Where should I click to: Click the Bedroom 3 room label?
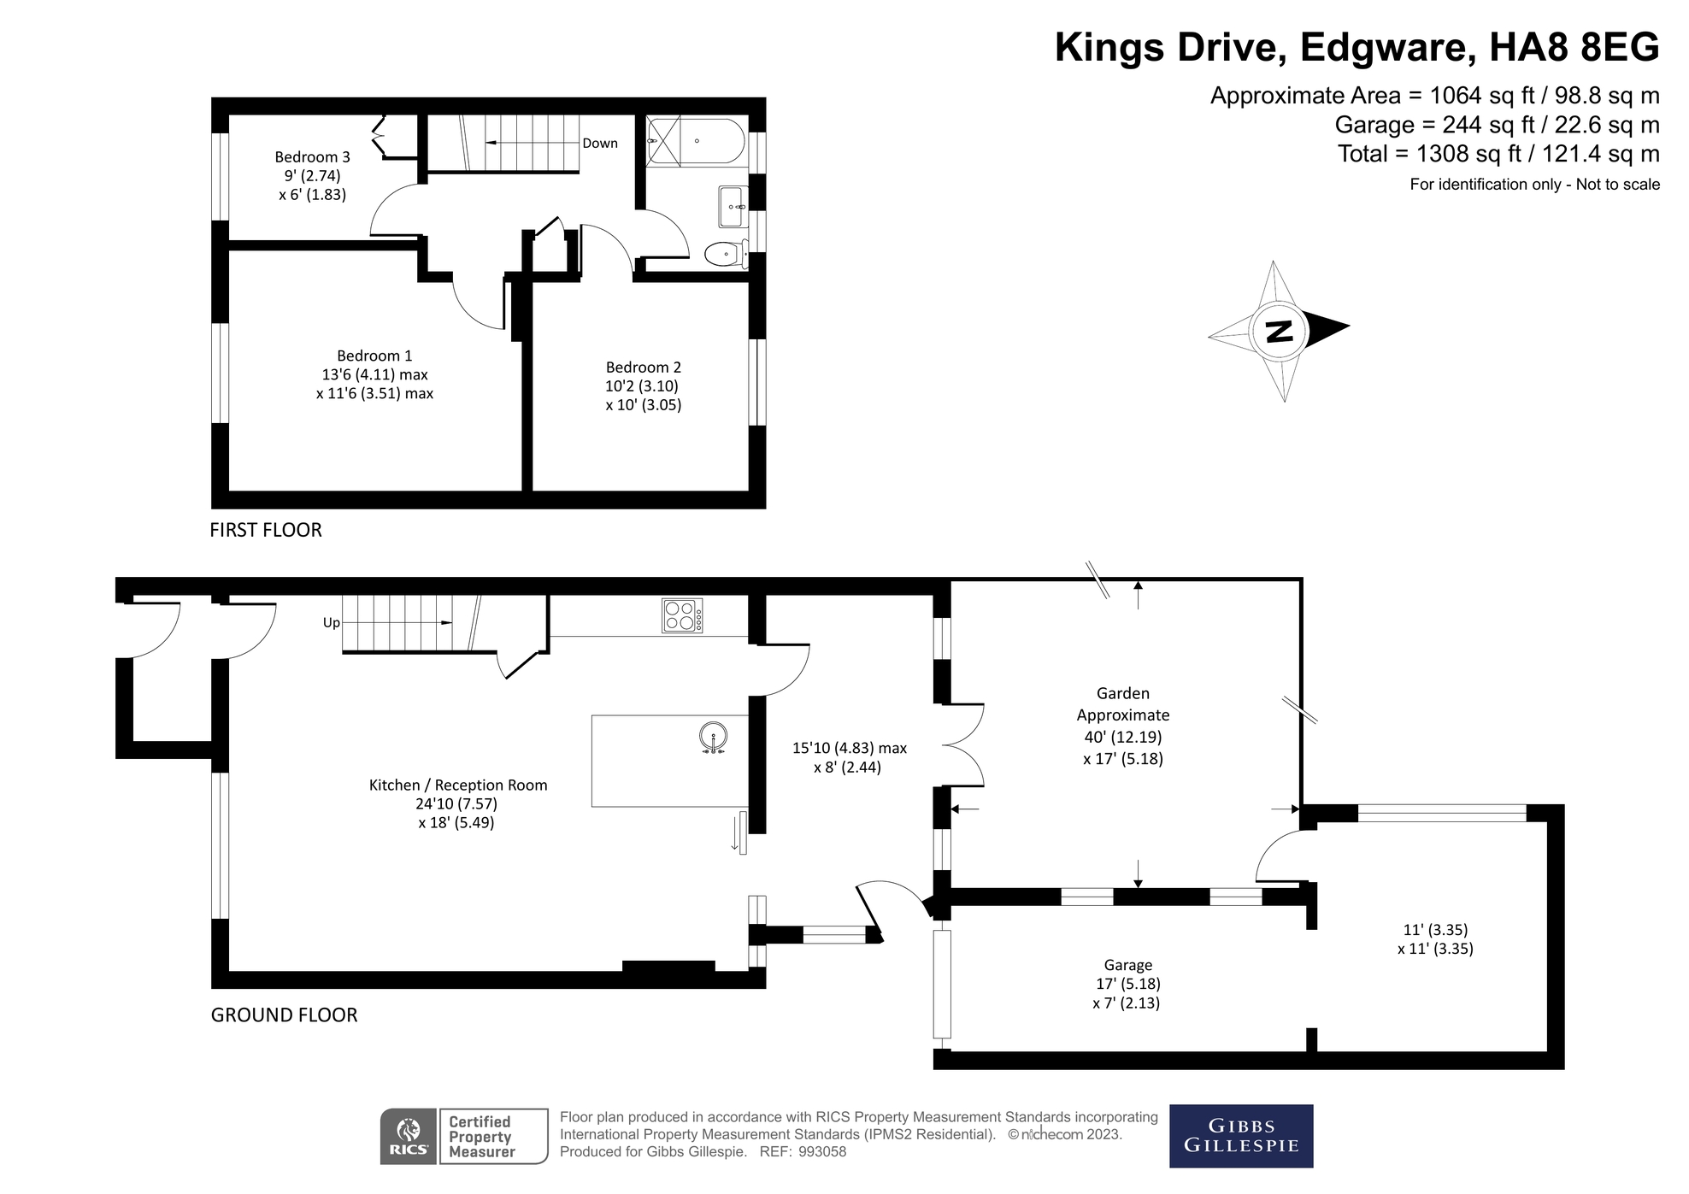[x=312, y=157]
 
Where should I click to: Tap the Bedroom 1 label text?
[x=374, y=356]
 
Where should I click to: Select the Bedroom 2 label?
[x=644, y=368]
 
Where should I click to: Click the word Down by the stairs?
[x=600, y=144]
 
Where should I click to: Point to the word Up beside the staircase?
[x=332, y=623]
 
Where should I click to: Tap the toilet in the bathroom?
[x=727, y=253]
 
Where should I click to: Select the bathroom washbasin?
[x=733, y=207]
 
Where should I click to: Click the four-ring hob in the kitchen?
[x=682, y=615]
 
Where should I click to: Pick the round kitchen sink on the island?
[x=713, y=737]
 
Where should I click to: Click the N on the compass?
[x=1279, y=331]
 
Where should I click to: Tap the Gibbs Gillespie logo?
[x=1241, y=1136]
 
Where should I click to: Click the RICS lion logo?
[x=409, y=1137]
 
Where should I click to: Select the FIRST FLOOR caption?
[x=266, y=530]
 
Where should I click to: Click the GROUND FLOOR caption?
[x=284, y=1015]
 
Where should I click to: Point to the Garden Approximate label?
[x=1123, y=704]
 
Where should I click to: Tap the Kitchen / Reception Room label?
[x=458, y=785]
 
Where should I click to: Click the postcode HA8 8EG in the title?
[x=1574, y=47]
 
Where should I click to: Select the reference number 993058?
[x=822, y=1152]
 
